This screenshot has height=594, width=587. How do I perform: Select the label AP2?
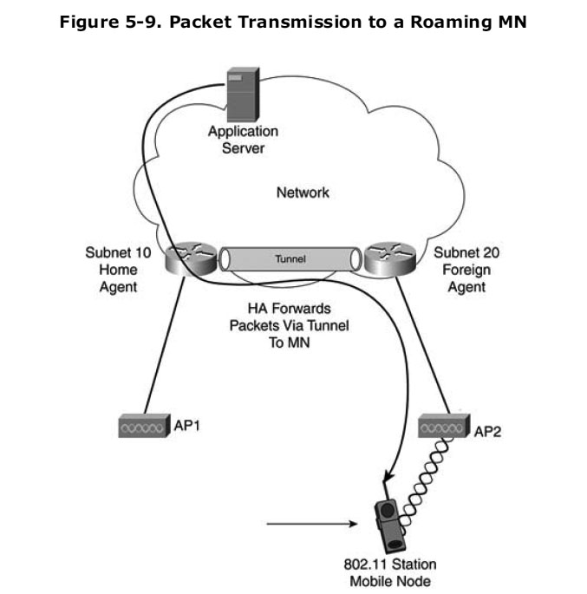click(x=488, y=430)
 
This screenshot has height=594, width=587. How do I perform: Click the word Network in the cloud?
click(x=303, y=192)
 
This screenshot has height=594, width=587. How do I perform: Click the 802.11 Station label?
click(x=390, y=565)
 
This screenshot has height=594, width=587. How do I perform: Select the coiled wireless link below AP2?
click(x=418, y=474)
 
